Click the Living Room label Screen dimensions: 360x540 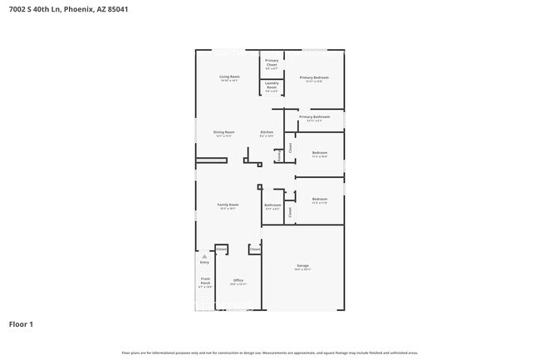[x=229, y=76]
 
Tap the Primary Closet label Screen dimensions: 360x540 [x=272, y=61]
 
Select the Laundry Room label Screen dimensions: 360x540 [x=272, y=84]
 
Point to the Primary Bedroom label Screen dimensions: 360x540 [x=314, y=77]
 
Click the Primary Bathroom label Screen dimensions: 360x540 [x=314, y=117]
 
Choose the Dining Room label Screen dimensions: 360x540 [x=224, y=132]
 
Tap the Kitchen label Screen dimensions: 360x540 [x=267, y=132]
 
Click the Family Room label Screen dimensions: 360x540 [x=228, y=205]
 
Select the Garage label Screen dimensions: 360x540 [x=302, y=266]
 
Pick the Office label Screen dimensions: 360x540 [x=238, y=280]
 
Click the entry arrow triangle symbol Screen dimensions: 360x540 [x=204, y=257]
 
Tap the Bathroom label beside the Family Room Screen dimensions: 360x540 [x=272, y=205]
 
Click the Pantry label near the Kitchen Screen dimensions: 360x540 [x=278, y=155]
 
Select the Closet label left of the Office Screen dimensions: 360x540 [x=222, y=249]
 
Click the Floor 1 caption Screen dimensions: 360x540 [x=21, y=323]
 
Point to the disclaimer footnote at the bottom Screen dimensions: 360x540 [x=270, y=353]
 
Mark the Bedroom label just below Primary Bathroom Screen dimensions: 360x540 [x=320, y=153]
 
